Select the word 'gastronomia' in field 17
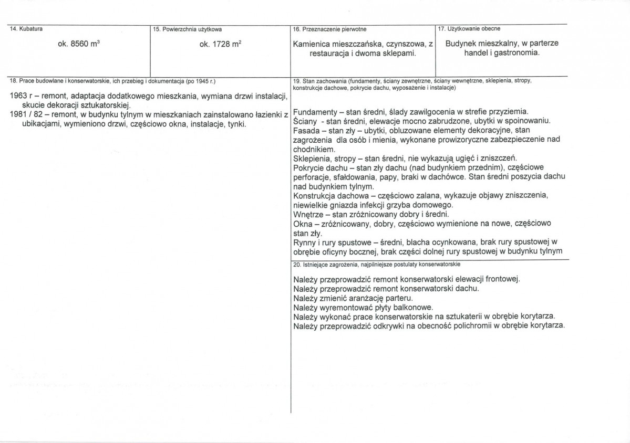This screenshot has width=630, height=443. point(517,53)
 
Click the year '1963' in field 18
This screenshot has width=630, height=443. point(20,97)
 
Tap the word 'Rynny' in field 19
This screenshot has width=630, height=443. point(305,242)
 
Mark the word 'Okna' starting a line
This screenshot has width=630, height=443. point(303,224)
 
